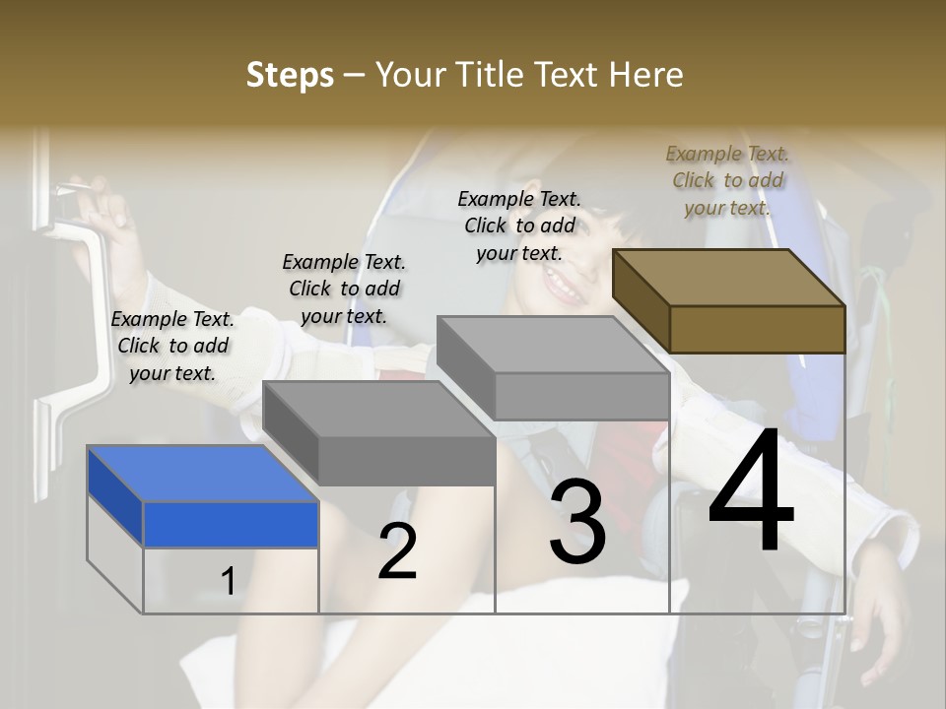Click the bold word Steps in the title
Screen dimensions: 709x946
pyautogui.click(x=289, y=75)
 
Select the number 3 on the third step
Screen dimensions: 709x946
pyautogui.click(x=576, y=522)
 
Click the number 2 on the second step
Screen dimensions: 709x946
pyautogui.click(x=397, y=551)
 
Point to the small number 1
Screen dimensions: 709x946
pyautogui.click(x=228, y=581)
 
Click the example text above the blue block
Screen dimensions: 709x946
pyautogui.click(x=172, y=346)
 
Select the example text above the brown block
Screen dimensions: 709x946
pyautogui.click(x=727, y=180)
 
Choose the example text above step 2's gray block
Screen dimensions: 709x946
pyautogui.click(x=344, y=289)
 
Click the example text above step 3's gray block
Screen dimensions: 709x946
pyautogui.click(x=519, y=226)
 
